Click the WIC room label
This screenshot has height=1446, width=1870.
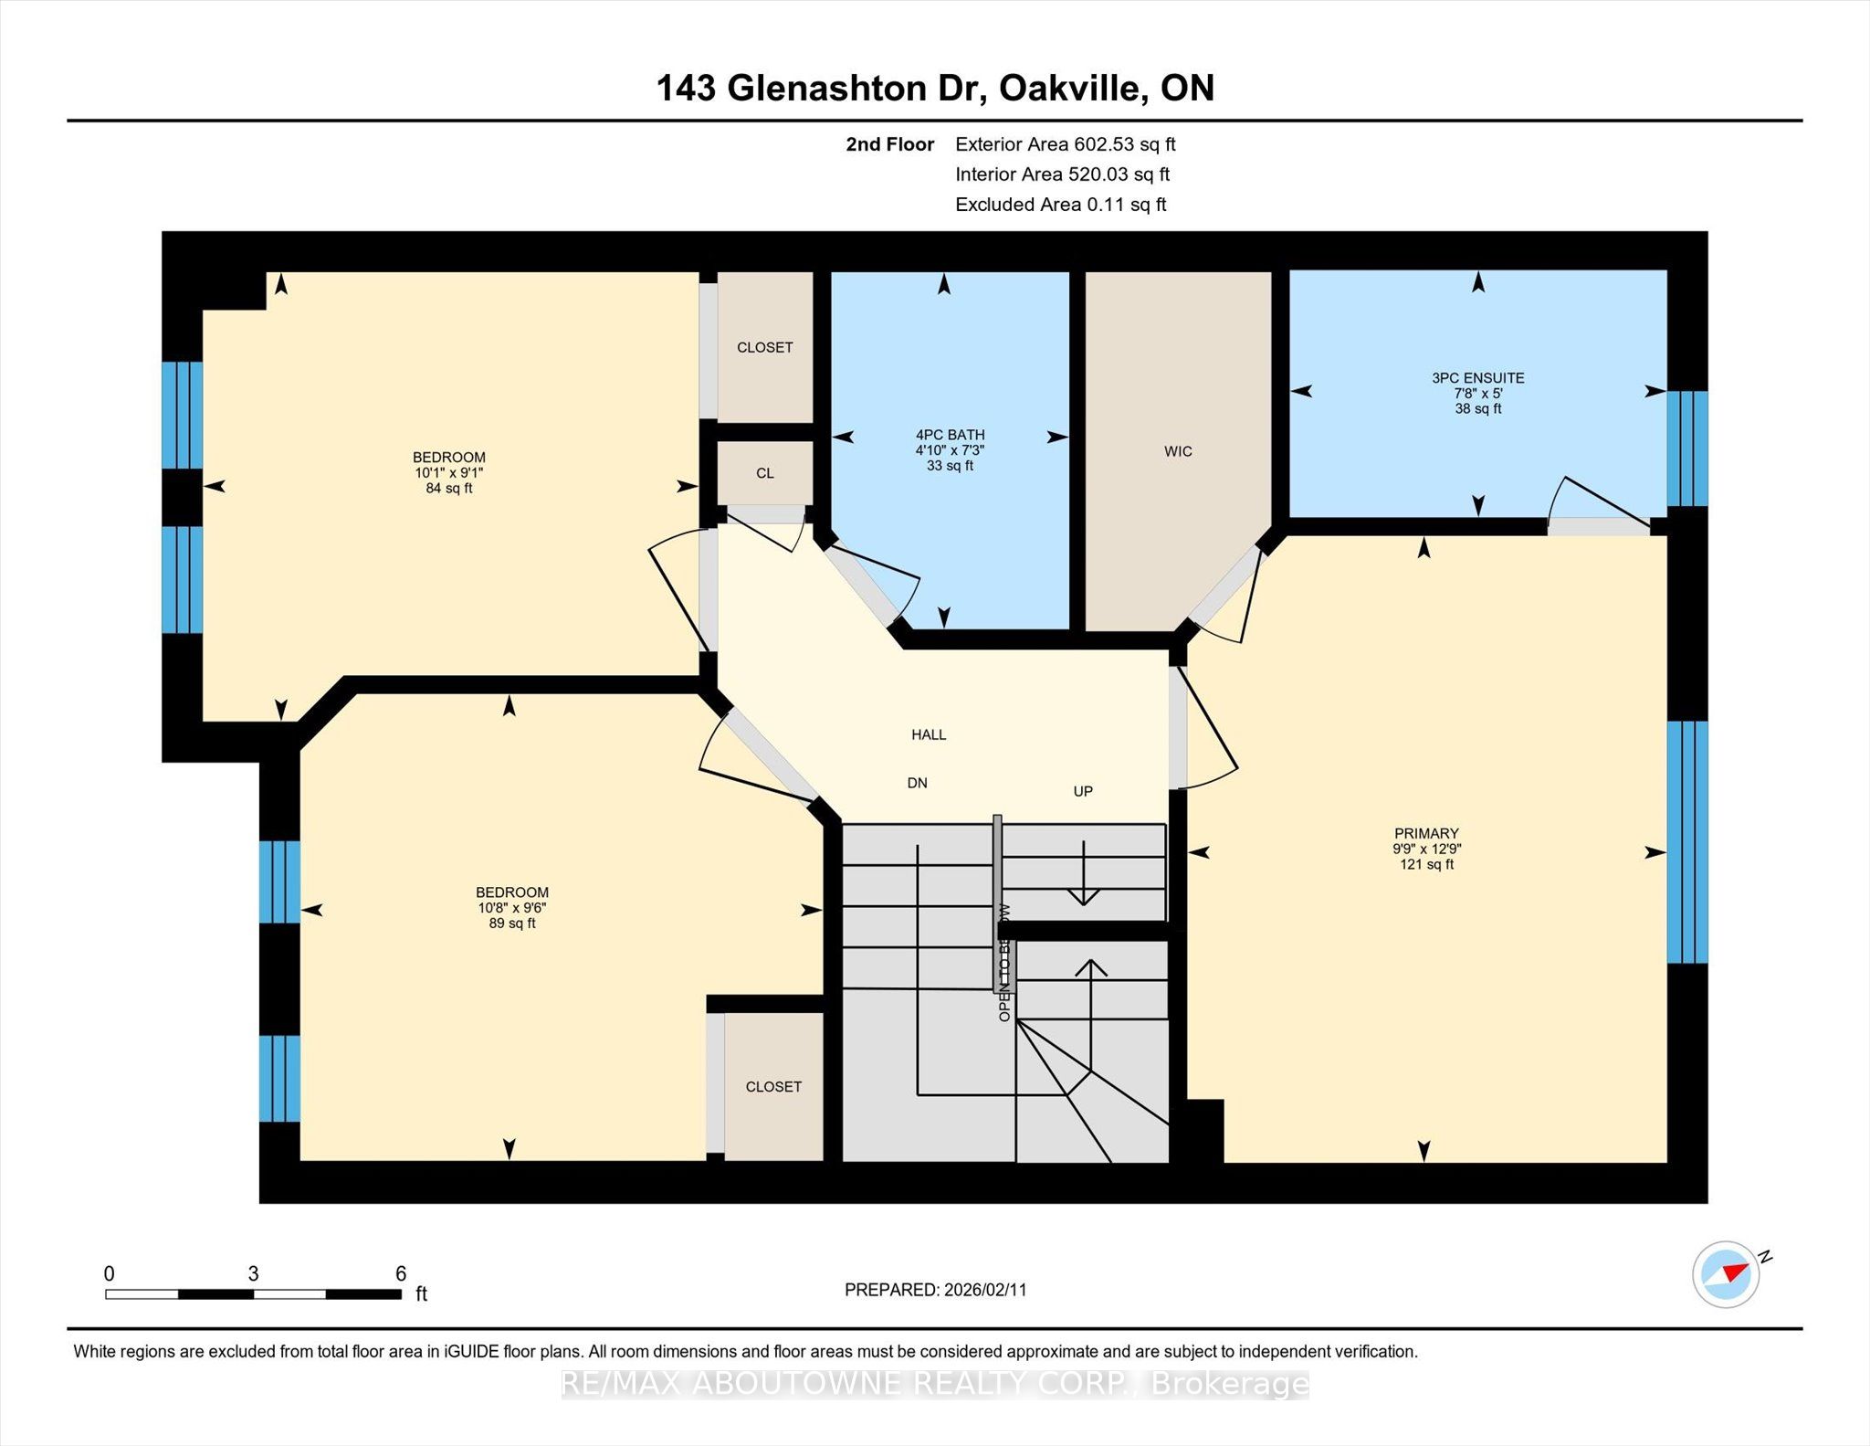click(x=1178, y=451)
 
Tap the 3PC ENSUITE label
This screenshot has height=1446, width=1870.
click(x=1477, y=378)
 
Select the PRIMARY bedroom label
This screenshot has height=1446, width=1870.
click(x=1426, y=833)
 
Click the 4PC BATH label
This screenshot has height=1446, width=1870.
click(x=950, y=435)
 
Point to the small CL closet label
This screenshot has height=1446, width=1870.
click(x=765, y=473)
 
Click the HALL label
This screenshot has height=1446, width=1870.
click(x=929, y=734)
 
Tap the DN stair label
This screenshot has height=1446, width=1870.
click(x=917, y=783)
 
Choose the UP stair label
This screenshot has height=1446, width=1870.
click(x=1083, y=791)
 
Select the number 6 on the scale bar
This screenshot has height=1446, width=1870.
click(x=400, y=1273)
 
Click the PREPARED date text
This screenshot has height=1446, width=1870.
click(x=935, y=1290)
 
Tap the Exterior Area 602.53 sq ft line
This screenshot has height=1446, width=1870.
click(x=1065, y=144)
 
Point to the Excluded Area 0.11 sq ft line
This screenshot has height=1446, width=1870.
click(x=1060, y=205)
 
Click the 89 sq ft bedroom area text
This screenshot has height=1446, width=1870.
click(x=512, y=924)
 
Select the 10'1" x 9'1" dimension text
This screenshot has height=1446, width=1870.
click(x=448, y=472)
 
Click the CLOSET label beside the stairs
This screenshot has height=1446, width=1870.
click(x=773, y=1086)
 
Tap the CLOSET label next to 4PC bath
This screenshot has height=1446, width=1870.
click(x=765, y=347)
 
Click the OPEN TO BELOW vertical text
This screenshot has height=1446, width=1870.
click(x=1004, y=964)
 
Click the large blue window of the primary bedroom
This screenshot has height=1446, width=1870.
click(x=1687, y=841)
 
